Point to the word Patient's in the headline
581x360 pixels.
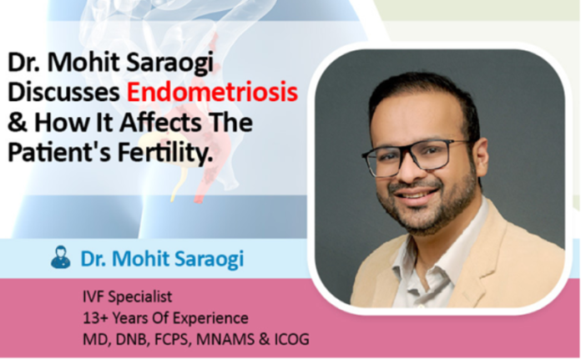pos(49,154)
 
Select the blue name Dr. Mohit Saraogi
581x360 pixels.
pos(162,259)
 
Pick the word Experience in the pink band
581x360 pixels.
pos(213,318)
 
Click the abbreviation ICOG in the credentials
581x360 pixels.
pos(293,339)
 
